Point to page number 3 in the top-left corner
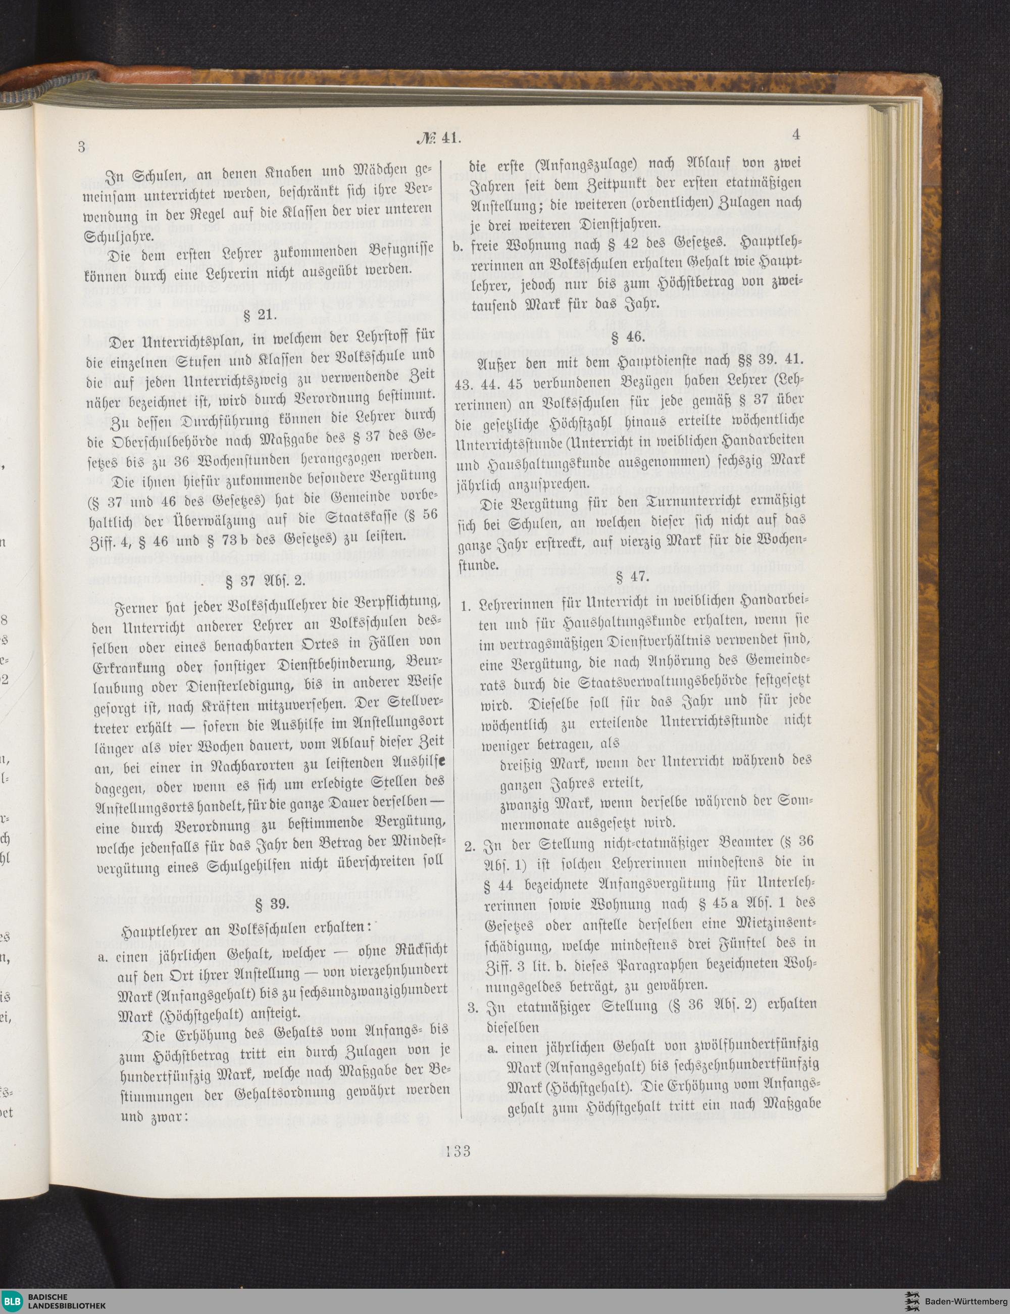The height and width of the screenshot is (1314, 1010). tap(81, 146)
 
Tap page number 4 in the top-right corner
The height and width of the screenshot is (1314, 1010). tap(796, 135)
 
